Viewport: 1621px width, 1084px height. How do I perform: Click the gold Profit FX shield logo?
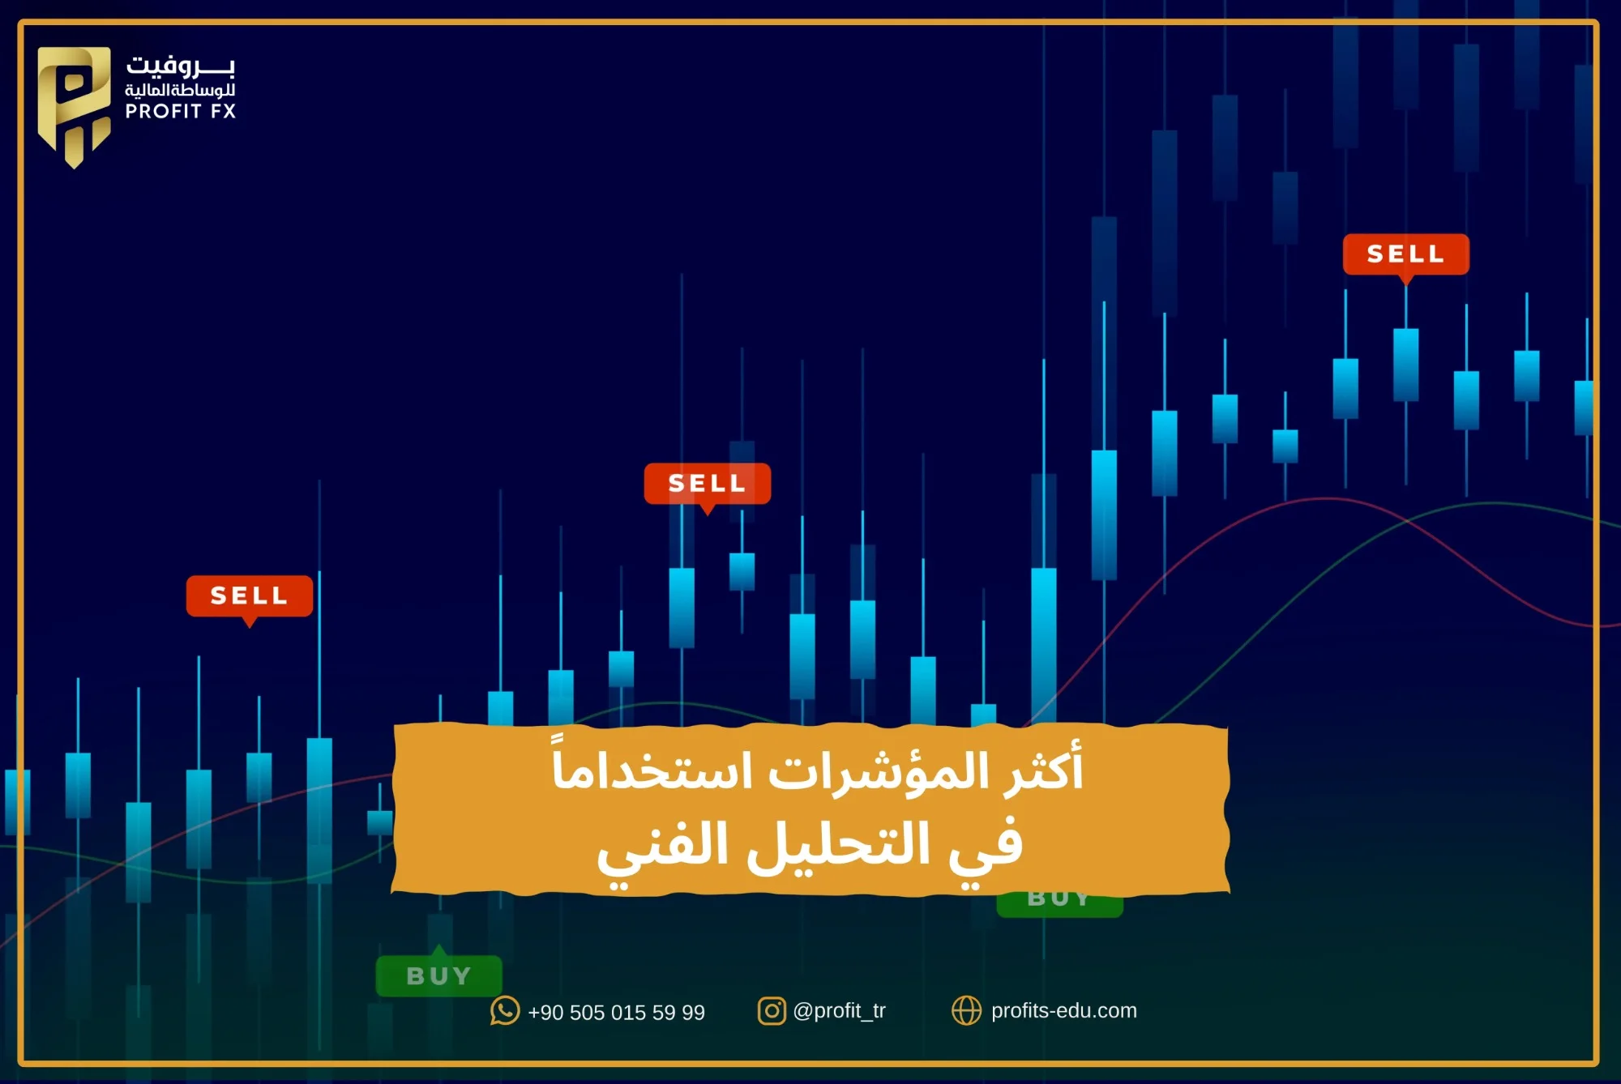(x=74, y=105)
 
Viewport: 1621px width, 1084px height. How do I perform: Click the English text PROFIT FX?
(x=180, y=112)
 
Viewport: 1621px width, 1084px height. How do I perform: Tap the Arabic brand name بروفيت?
(x=180, y=65)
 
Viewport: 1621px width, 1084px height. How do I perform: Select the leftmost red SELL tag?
(x=249, y=595)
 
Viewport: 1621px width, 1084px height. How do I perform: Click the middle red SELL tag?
(x=707, y=484)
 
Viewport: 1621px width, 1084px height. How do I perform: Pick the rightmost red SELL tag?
(x=1405, y=254)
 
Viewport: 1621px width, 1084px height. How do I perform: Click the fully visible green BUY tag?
(x=438, y=975)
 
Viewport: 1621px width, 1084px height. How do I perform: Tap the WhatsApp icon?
(x=504, y=1011)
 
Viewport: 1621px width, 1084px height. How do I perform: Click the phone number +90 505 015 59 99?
(x=616, y=1013)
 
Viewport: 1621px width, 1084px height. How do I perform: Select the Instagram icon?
(x=772, y=1011)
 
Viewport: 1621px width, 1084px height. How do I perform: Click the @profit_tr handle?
(x=839, y=1011)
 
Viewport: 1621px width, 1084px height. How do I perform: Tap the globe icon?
(x=966, y=1011)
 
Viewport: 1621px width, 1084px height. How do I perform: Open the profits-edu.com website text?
(x=1063, y=1011)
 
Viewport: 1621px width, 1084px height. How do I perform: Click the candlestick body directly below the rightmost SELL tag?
(x=1405, y=365)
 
